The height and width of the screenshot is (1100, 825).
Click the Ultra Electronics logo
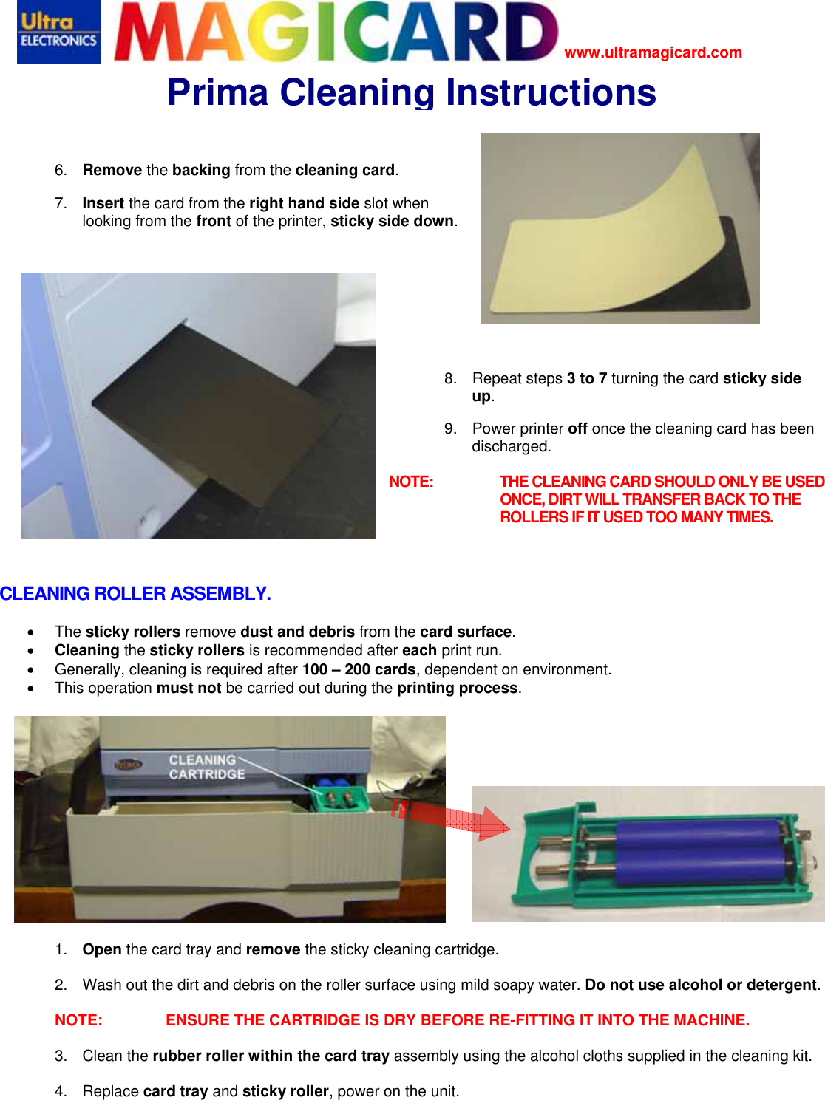click(x=58, y=32)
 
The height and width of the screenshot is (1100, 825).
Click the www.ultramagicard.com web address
click(x=653, y=52)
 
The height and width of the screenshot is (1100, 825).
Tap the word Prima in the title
click(x=217, y=93)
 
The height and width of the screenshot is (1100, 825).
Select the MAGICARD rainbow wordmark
click(x=336, y=32)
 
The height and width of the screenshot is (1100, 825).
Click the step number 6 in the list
click(x=60, y=171)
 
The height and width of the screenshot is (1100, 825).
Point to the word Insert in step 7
click(x=103, y=203)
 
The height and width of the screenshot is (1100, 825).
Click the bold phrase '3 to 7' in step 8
click(x=587, y=379)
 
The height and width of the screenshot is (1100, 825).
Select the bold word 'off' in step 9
click(x=577, y=429)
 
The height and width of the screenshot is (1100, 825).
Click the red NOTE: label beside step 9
click(x=411, y=482)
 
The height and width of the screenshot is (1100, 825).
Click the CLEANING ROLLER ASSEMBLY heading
click(x=135, y=594)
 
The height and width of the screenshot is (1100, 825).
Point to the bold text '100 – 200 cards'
click(x=359, y=670)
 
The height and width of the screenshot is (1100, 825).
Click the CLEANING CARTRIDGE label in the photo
click(x=206, y=767)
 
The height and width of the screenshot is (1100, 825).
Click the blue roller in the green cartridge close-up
click(x=699, y=853)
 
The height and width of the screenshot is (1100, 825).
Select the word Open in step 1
click(x=102, y=950)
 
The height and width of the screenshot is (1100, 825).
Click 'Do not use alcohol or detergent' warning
click(x=701, y=985)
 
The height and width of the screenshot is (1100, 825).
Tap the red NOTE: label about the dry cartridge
click(x=78, y=1021)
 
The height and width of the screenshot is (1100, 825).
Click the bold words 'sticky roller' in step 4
click(x=285, y=1092)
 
